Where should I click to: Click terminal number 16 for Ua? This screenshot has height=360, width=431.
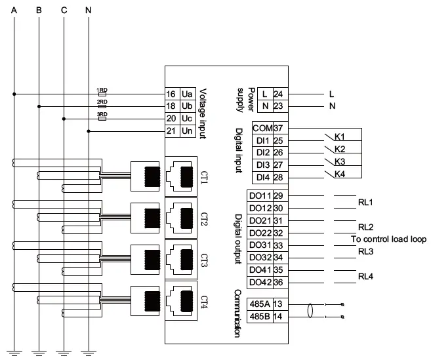pos(171,94)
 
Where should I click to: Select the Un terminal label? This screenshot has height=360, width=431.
pos(186,131)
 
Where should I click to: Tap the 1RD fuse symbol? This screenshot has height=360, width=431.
pos(102,94)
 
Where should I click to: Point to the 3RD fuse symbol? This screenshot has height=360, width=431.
pos(102,119)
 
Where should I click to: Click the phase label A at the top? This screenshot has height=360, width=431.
pos(14,10)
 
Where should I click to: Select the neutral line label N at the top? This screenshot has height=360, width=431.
pos(89,10)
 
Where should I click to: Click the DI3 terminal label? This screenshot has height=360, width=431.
pos(262,165)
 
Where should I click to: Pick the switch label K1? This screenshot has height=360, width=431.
pos(340,136)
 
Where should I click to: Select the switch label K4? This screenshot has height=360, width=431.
pos(340,174)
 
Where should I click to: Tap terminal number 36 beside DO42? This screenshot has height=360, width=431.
pos(277,282)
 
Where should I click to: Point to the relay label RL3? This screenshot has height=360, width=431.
pos(365,251)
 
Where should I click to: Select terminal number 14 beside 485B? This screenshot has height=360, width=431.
pos(277,317)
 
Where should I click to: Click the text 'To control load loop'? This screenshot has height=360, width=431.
pos(387,239)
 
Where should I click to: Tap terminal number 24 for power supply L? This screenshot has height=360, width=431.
pos(277,94)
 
